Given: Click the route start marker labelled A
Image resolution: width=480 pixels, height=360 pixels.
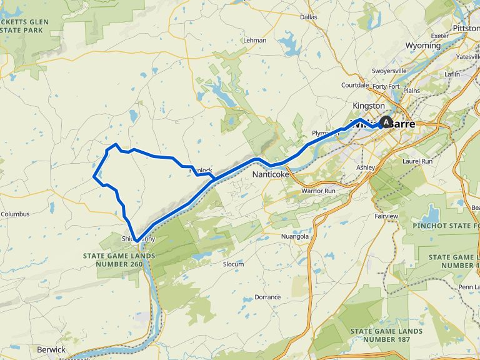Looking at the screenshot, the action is (386, 122).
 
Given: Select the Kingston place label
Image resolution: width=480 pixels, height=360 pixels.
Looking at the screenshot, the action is (368, 106).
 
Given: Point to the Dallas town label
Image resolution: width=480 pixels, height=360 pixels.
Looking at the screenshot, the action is (309, 17).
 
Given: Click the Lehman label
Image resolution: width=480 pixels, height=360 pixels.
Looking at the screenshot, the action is (255, 40).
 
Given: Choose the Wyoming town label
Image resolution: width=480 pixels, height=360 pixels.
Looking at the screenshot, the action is (422, 46).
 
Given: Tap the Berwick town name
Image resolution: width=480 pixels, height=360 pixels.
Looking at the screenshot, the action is (51, 349).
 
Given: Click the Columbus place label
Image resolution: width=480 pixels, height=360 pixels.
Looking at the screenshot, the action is (15, 214).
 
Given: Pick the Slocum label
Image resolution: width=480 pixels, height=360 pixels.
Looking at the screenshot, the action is (233, 264).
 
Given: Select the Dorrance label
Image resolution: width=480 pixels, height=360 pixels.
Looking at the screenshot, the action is (267, 297).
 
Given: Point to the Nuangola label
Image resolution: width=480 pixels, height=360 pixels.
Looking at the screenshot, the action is (295, 237).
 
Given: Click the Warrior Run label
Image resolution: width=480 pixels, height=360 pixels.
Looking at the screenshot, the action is (319, 190).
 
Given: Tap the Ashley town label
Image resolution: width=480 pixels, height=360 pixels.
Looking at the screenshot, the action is (365, 167).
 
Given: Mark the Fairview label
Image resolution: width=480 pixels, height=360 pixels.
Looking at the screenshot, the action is (386, 216).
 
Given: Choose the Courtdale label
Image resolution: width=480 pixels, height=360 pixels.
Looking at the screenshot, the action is (355, 86).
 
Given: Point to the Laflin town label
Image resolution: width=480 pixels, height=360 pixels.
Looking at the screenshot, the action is (452, 74).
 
